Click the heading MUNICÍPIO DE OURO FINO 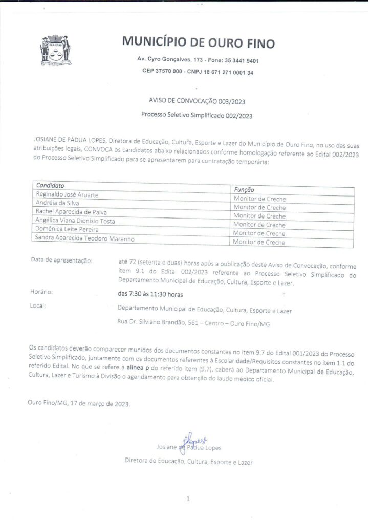(x=199, y=42)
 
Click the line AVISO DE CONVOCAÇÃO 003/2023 (x=198, y=102)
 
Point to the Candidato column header (x=50, y=185)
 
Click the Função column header (x=244, y=189)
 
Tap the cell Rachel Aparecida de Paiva (x=71, y=212)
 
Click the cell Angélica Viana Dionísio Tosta (x=75, y=221)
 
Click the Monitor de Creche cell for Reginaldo (x=259, y=199)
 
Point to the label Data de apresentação (x=62, y=261)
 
